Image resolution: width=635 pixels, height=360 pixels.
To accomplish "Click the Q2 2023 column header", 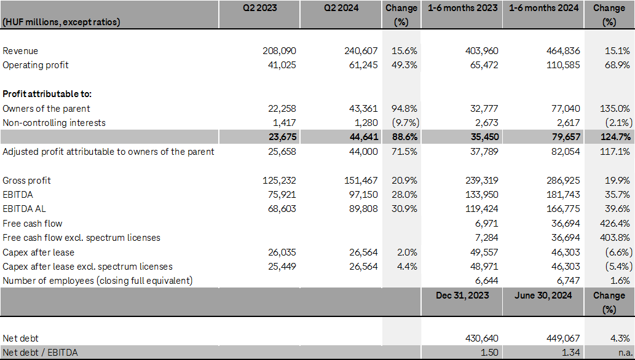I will (259, 9).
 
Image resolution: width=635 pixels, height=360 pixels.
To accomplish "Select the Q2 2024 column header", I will (342, 9).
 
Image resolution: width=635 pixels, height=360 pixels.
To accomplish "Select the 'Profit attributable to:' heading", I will (47, 94).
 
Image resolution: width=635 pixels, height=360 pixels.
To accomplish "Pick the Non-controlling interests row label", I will (54, 123).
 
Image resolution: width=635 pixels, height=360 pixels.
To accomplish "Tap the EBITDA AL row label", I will (25, 209).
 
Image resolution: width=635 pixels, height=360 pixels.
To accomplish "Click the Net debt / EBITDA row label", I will (40, 352).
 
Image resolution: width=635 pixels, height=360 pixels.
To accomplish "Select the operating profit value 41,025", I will (280, 65).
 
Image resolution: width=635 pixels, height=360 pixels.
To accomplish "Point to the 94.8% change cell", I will (402, 108).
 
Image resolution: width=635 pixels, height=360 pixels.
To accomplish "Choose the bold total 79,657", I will (564, 137).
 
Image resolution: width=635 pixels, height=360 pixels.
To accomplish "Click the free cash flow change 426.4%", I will (615, 223).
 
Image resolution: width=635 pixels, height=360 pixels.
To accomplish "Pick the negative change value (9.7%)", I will (401, 123).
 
